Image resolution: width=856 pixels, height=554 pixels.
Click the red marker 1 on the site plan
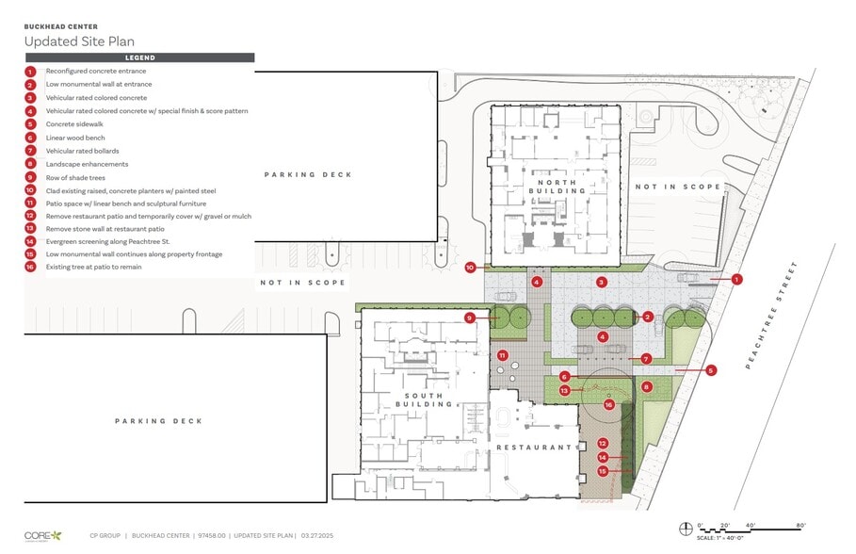tap(737, 279)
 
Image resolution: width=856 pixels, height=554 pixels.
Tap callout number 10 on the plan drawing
tap(470, 268)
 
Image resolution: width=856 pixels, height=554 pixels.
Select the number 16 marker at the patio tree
tap(608, 404)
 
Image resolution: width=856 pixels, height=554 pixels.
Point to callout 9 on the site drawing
tap(470, 318)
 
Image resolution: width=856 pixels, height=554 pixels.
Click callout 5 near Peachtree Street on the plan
tap(711, 370)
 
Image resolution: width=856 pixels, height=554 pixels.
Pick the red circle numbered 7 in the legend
tap(30, 151)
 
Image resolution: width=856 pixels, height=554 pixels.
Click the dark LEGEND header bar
tap(140, 57)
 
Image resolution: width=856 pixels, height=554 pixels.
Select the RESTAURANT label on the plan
tap(534, 448)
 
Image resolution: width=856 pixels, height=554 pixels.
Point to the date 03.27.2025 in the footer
tap(319, 535)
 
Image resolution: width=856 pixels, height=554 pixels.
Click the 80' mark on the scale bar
tap(800, 525)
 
